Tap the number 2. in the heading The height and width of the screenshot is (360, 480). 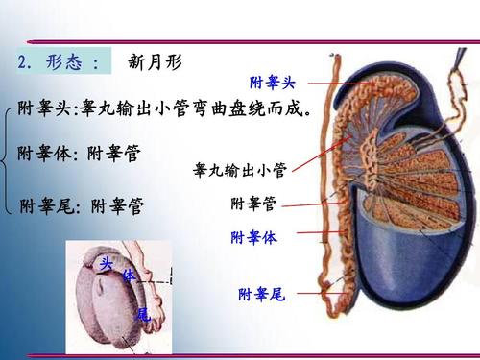coord(27,63)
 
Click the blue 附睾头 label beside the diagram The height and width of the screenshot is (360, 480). coord(271,84)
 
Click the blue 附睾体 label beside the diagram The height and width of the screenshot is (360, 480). coord(254,237)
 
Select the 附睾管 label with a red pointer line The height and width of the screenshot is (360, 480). coord(254,204)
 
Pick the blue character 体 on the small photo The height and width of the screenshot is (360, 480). coord(128,276)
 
